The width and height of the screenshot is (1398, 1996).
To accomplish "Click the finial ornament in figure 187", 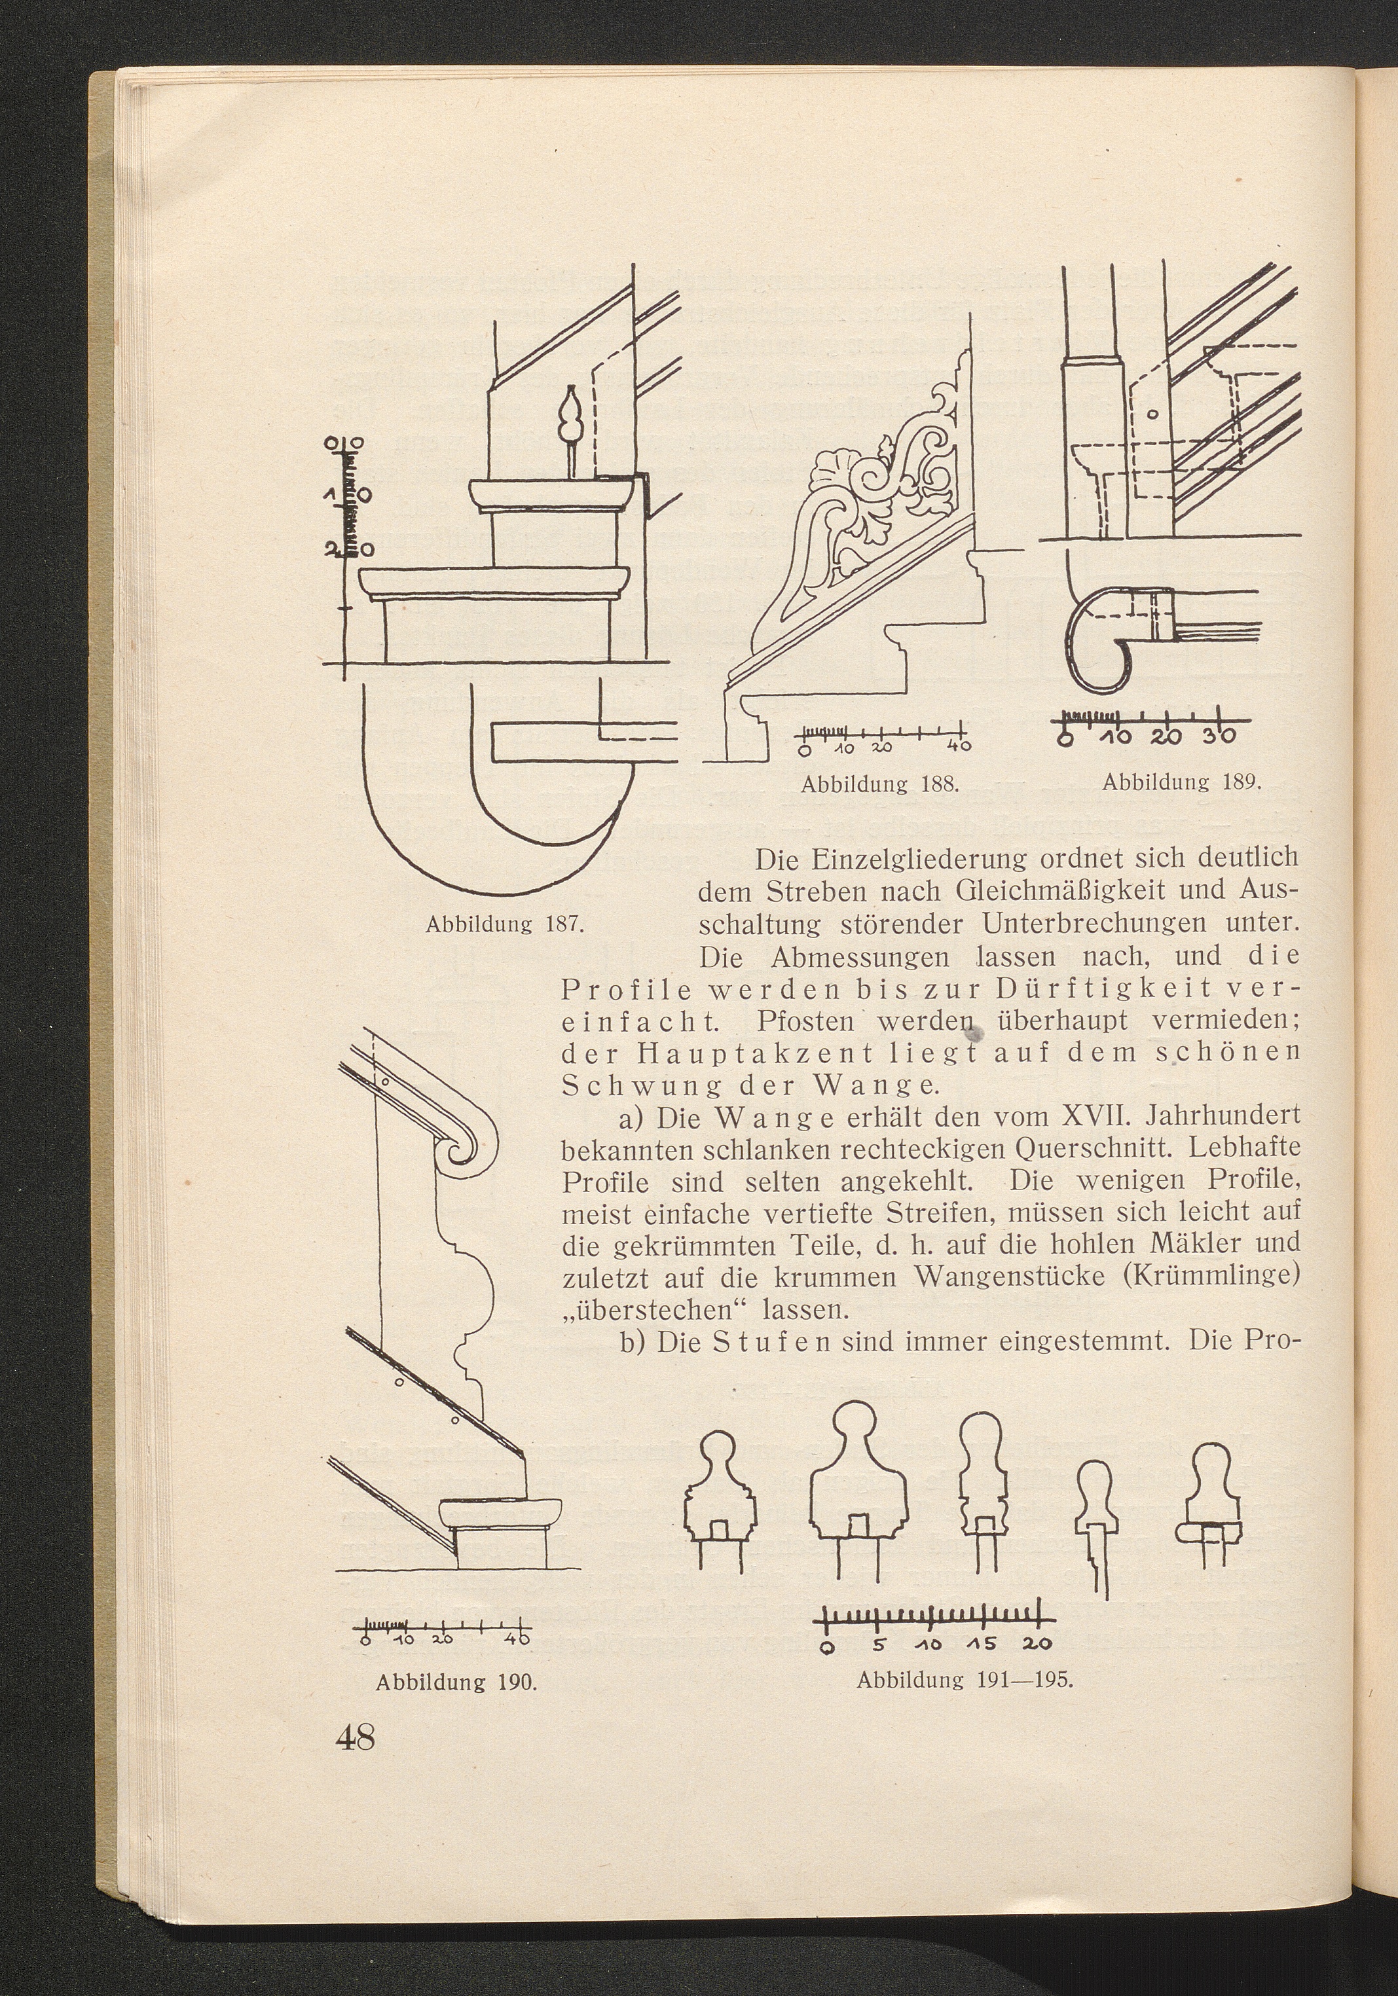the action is pos(571,430).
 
